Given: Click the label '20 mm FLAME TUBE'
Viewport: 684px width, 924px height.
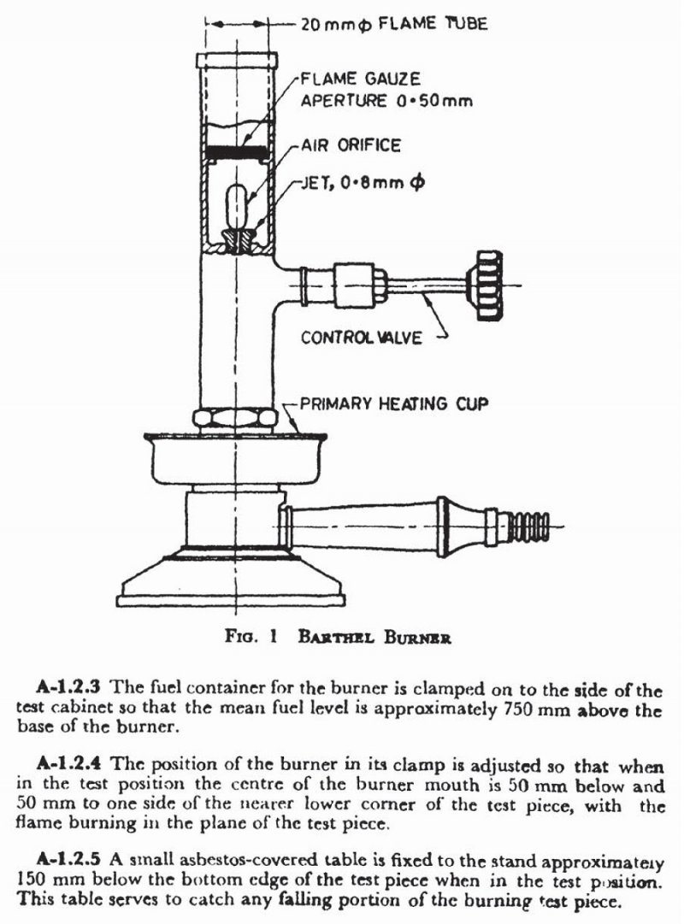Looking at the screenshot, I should pos(392,24).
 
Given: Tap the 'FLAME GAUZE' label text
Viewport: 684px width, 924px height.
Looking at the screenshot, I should pos(361,79).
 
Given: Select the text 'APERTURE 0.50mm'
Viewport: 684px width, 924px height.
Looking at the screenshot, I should pos(386,101).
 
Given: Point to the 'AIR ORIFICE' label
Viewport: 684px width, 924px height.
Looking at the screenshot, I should pos(351,145).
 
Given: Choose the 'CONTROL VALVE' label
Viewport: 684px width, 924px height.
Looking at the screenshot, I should pos(361,338).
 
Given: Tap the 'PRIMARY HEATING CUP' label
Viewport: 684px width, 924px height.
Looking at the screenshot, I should pos(394,403).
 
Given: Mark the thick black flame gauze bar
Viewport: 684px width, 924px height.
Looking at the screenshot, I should pos(235,151).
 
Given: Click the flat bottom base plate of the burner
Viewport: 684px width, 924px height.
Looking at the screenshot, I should pos(235,601).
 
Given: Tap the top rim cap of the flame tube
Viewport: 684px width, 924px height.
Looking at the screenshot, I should pos(236,61).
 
